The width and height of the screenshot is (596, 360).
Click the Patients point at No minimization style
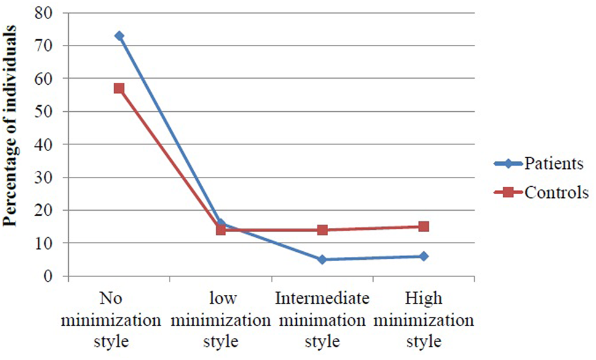[119, 36]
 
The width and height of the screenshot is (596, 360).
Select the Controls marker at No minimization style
[119, 88]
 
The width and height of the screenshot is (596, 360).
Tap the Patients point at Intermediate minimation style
[322, 259]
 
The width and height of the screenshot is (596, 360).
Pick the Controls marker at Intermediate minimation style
[322, 230]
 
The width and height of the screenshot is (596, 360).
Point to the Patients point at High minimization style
[423, 256]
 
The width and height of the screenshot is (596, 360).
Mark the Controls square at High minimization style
[423, 227]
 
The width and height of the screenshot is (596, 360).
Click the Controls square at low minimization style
[221, 230]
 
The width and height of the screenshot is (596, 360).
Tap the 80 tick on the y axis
[50, 12]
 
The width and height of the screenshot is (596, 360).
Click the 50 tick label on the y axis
[50, 111]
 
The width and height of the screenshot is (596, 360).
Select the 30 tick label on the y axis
[50, 178]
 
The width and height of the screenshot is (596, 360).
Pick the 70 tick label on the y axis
[50, 45]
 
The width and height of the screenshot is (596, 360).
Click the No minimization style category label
[119, 319]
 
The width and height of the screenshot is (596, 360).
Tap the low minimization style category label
[221, 319]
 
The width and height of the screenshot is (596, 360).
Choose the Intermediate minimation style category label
[322, 319]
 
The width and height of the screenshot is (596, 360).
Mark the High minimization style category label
[423, 319]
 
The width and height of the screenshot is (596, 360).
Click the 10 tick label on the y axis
[50, 243]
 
